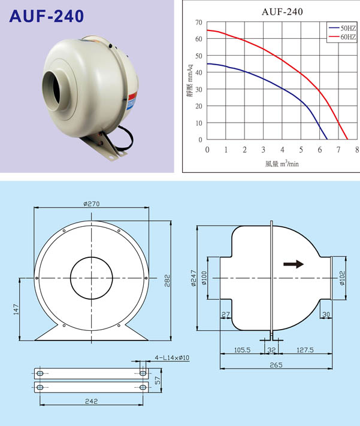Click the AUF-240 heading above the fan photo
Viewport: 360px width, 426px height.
tap(47, 16)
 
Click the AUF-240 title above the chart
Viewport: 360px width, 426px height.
tap(282, 12)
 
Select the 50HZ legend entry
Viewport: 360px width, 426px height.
tap(342, 28)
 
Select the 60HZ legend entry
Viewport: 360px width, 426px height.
tap(342, 36)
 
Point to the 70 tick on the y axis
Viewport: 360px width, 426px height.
tap(199, 22)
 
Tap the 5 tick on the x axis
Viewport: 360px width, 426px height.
tap(301, 150)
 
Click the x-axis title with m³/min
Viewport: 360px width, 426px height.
tap(282, 163)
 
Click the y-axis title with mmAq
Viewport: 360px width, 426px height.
tap(189, 80)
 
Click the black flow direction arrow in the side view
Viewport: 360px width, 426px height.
tap(294, 264)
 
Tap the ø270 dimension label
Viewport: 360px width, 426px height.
tap(92, 203)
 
